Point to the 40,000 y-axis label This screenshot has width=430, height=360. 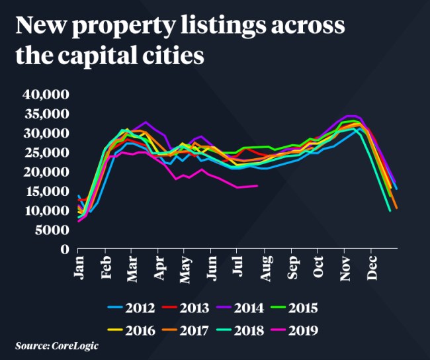(46, 94)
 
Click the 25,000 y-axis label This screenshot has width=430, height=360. (46, 152)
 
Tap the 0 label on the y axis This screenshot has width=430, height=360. (65, 249)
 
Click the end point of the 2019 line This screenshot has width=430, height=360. (257, 186)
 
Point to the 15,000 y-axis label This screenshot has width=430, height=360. (46, 191)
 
